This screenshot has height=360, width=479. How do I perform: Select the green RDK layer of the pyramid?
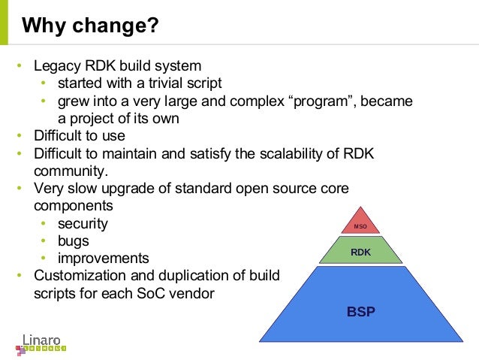[360, 253]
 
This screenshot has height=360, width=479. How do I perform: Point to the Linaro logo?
[41, 340]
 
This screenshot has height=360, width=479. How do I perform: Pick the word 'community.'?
[66, 171]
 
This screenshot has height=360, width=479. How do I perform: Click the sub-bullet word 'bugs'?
[74, 241]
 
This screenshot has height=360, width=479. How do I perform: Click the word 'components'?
[74, 205]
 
